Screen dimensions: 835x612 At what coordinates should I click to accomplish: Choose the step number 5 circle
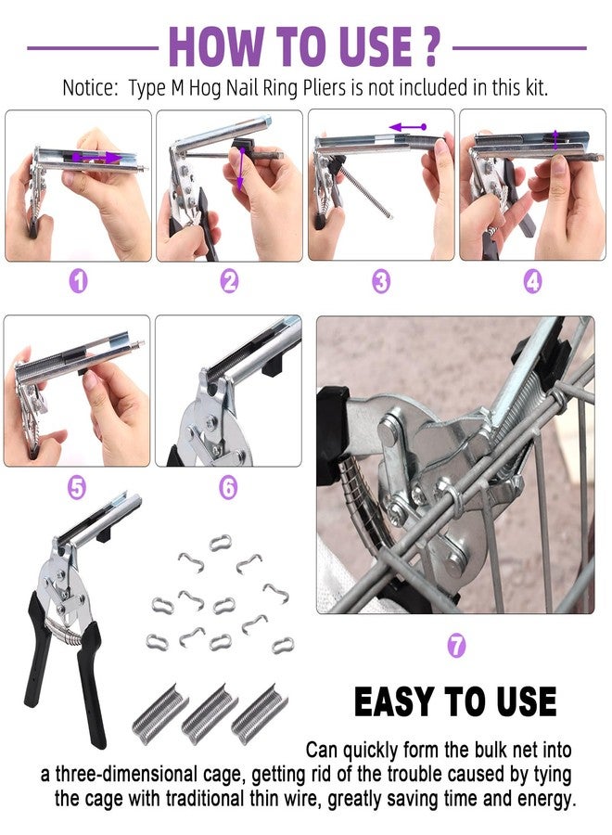coord(79,487)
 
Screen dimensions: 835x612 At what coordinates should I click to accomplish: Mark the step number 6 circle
coord(229,487)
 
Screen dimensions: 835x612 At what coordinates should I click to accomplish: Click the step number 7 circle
coord(456,645)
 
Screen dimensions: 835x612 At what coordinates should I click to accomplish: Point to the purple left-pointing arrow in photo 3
coord(407,126)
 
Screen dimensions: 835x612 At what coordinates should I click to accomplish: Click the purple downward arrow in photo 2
coord(240,171)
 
